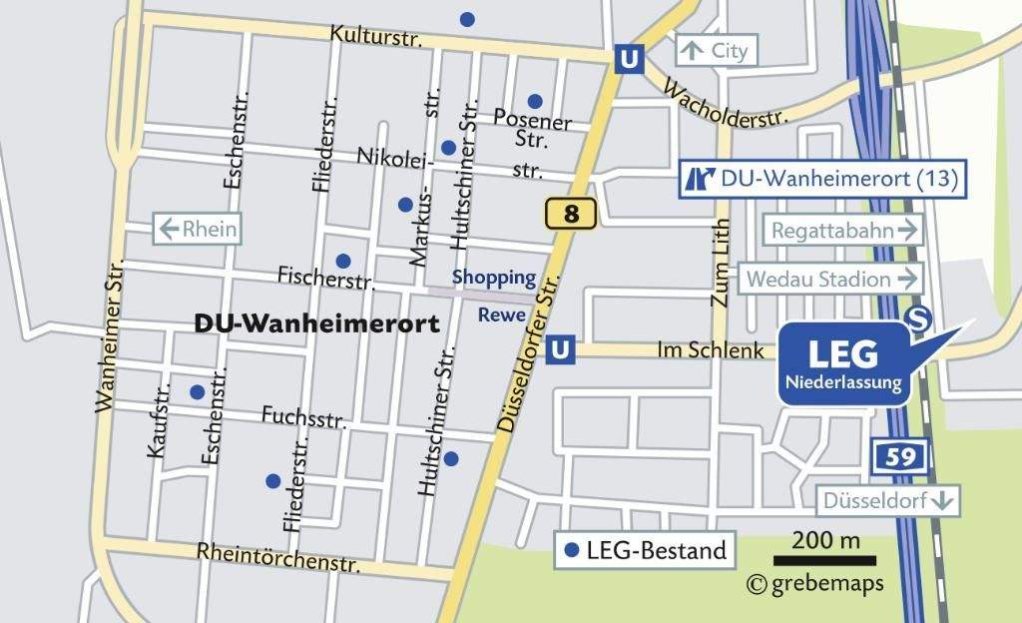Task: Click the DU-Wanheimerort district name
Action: (317, 324)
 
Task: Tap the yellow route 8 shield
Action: (571, 213)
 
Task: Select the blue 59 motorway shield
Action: (901, 457)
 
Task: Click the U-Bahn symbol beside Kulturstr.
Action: (628, 60)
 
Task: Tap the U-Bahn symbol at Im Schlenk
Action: (562, 349)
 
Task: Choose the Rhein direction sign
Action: (198, 230)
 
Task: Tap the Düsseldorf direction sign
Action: (887, 500)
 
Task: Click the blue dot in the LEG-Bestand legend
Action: (572, 550)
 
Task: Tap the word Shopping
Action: (494, 277)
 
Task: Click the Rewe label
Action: (495, 315)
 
